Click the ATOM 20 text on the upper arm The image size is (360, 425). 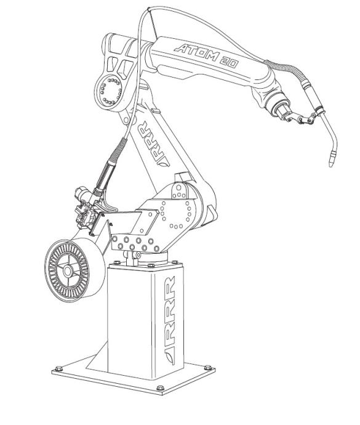click(x=207, y=56)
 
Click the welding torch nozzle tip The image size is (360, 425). click(x=331, y=164)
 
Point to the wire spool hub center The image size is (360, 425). click(x=67, y=270)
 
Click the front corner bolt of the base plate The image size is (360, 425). click(x=160, y=388)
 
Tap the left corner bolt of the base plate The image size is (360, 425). click(x=59, y=368)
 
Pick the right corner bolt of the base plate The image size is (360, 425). click(x=208, y=368)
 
